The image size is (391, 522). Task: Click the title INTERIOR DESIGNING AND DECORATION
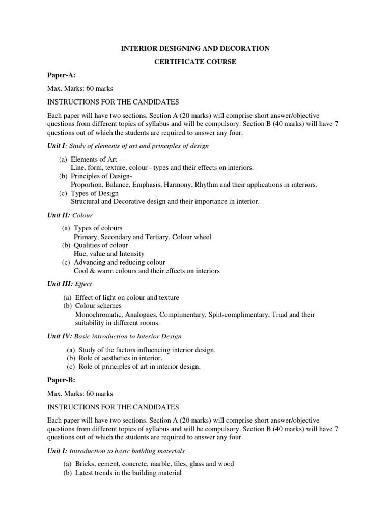195,48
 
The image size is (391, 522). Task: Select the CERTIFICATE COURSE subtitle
195,62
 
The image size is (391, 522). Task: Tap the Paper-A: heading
61,75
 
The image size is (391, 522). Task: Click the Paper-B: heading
61,380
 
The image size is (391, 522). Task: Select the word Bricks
86,464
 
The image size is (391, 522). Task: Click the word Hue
80,254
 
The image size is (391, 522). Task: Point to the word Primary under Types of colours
86,237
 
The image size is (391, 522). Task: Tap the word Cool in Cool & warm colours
81,271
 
